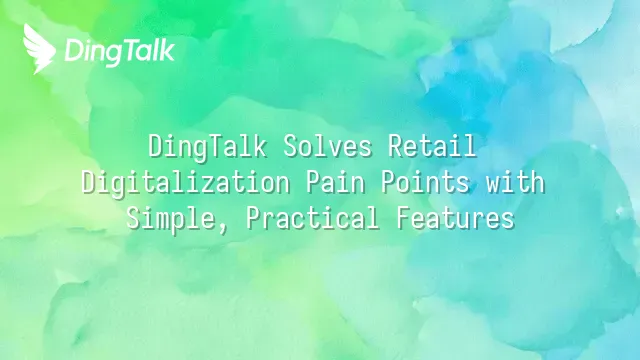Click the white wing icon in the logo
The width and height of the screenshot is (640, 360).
(x=38, y=49)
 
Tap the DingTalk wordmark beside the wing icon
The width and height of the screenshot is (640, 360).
(x=120, y=52)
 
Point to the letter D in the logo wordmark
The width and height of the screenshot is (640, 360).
(x=74, y=51)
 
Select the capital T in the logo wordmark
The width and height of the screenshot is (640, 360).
(x=129, y=50)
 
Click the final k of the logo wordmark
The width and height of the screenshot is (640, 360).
(x=167, y=50)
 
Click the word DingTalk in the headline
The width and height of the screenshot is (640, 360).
(x=207, y=147)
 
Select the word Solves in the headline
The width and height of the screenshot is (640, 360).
(x=327, y=146)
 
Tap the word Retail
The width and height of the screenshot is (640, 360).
(x=432, y=146)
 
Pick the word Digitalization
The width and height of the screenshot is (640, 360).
(x=186, y=182)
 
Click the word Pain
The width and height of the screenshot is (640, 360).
(x=335, y=182)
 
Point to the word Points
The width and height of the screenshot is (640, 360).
(x=425, y=182)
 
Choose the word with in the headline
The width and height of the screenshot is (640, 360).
(x=515, y=182)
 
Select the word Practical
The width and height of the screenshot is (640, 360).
(x=313, y=218)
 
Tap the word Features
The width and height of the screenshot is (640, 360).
(x=455, y=218)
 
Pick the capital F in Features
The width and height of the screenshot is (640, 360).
(x=403, y=218)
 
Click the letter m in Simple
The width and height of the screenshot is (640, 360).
(x=164, y=222)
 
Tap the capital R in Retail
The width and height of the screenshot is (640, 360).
(x=395, y=146)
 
